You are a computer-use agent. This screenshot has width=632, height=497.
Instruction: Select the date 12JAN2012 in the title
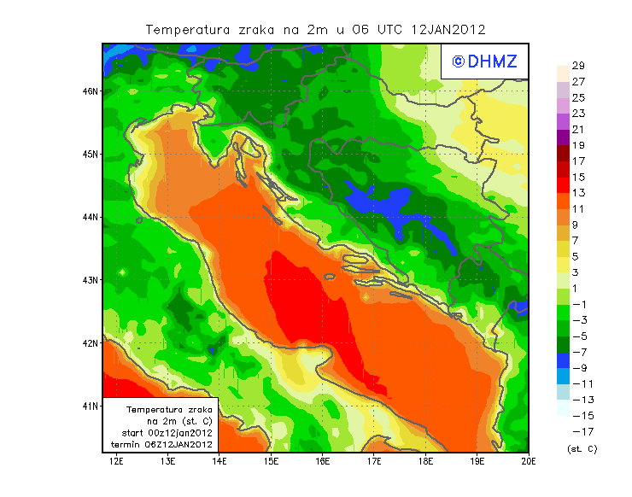[x=448, y=30]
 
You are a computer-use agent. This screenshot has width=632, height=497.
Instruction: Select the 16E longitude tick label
[x=323, y=462]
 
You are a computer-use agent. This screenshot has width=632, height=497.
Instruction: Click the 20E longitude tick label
[x=529, y=462]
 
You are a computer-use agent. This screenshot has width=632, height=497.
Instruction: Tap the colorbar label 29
[x=577, y=66]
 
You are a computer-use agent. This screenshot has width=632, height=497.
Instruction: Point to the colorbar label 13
[x=577, y=193]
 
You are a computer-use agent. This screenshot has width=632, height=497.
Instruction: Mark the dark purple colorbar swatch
[x=562, y=137]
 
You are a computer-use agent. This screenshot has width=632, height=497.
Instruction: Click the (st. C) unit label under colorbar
[x=582, y=448]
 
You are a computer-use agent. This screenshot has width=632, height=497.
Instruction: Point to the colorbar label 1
[x=577, y=288]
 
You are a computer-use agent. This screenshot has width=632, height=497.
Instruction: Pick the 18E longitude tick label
[x=426, y=462]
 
